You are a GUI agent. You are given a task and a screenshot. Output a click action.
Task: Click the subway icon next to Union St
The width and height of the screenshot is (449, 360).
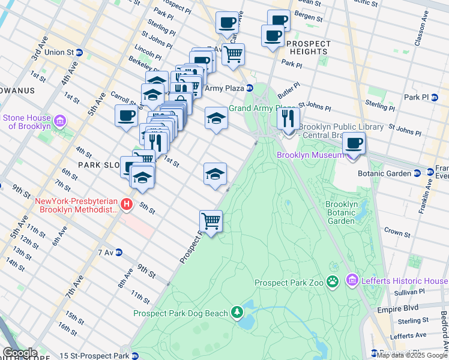(79, 52)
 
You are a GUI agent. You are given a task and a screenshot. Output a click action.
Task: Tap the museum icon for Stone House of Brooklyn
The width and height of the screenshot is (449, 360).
(59, 122)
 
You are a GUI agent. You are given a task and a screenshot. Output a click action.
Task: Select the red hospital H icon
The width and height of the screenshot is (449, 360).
(127, 205)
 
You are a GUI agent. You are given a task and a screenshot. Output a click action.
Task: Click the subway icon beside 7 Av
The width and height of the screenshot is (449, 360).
(119, 252)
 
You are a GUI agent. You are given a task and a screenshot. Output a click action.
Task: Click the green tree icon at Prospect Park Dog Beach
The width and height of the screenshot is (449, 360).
(238, 312)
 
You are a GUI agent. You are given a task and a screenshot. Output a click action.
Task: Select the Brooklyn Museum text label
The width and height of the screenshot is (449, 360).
(311, 155)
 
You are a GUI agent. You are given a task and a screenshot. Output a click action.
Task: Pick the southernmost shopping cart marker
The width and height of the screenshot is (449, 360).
(211, 221)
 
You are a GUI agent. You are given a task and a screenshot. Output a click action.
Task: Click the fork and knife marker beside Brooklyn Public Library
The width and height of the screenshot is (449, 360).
(289, 118)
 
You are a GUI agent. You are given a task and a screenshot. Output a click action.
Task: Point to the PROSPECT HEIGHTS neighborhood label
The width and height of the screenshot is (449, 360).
(309, 48)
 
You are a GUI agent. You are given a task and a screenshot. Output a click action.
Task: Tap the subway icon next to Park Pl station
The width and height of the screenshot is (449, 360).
(442, 97)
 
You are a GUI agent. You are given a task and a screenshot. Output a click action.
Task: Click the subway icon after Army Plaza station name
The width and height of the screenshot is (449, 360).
(250, 88)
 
